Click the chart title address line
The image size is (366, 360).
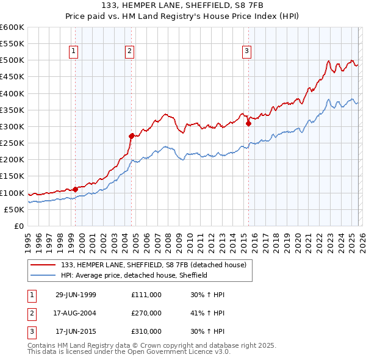coord(183,5)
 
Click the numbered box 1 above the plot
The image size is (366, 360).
coord(73,52)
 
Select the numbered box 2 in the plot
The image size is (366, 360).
coord(130,52)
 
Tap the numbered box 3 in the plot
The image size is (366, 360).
coord(247,52)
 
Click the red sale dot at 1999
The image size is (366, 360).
coord(75,189)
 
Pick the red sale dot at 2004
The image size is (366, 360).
coord(131,136)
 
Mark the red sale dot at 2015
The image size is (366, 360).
coord(248,123)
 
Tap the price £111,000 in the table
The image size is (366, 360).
coord(146,295)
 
